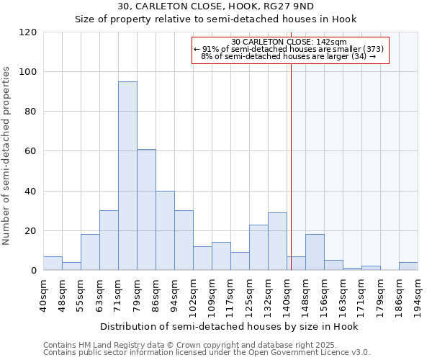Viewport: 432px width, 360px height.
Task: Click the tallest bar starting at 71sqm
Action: (127, 176)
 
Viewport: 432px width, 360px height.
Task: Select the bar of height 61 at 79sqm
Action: (146, 210)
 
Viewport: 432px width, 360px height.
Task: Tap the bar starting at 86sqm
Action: (165, 230)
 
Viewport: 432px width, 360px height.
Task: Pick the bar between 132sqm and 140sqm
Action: (277, 241)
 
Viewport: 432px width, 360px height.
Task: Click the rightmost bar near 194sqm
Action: (408, 266)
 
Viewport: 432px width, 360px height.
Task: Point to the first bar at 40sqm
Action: (53, 264)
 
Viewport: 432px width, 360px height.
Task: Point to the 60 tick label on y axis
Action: (31, 151)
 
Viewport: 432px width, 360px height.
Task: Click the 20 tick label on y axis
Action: (31, 231)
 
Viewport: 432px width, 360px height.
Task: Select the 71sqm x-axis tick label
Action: (118, 294)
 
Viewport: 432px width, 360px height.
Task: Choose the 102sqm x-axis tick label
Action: (193, 296)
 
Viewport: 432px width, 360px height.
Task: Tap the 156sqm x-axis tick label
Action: (324, 296)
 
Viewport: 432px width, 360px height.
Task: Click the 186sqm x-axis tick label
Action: (399, 296)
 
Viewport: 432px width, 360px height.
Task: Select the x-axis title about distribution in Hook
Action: (230, 326)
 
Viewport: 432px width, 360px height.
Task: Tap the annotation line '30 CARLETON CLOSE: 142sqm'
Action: (289, 42)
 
